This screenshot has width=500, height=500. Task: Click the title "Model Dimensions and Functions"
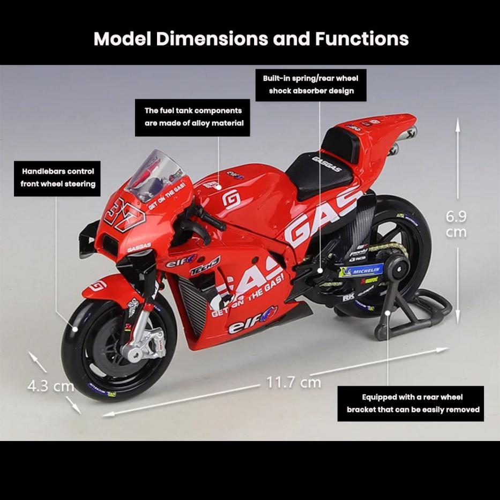coord(251,39)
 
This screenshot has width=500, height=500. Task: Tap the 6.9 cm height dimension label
coord(457,224)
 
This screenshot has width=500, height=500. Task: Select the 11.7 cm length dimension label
coord(294,382)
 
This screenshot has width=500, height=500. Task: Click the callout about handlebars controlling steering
coord(57,177)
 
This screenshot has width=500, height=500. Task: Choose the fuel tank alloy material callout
coord(193,117)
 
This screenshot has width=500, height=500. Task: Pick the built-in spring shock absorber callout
coord(311,85)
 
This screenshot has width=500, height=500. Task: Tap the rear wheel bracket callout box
coord(412,404)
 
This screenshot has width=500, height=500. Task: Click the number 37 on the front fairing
coord(124,213)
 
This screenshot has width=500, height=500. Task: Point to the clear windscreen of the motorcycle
coord(155,174)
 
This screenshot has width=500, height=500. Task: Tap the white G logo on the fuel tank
coord(231,199)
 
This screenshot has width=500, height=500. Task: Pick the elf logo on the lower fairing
coord(252,322)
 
